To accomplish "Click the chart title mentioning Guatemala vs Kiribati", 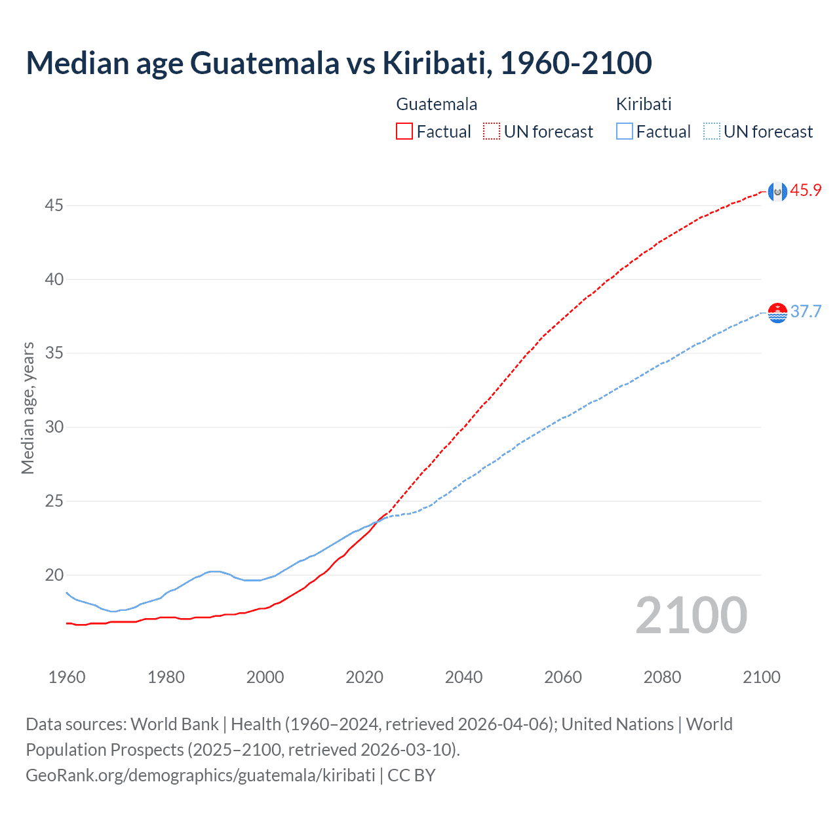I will (x=339, y=63).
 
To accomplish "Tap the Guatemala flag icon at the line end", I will (x=777, y=191).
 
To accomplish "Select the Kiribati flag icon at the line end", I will (x=777, y=313).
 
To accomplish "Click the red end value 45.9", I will (x=806, y=191).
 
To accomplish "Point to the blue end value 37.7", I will (x=806, y=311).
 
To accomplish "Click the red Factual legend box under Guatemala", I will (x=404, y=131).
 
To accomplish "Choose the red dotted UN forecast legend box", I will (x=492, y=131).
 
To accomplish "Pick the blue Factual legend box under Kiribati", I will (x=625, y=131).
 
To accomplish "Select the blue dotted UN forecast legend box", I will (x=712, y=131).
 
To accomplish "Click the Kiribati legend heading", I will (x=644, y=104).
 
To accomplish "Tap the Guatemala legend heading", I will (x=437, y=104).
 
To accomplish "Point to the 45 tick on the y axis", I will (x=54, y=206).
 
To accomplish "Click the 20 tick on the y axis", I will (x=54, y=576).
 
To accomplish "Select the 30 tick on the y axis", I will (x=54, y=427).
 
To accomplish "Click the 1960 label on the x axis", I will (x=67, y=677).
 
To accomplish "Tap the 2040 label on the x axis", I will (x=463, y=677).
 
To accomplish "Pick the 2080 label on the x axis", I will (x=662, y=677).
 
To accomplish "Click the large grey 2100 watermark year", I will (x=691, y=615).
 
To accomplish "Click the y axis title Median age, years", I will (x=28, y=408).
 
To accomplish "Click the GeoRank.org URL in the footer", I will (x=201, y=775).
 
